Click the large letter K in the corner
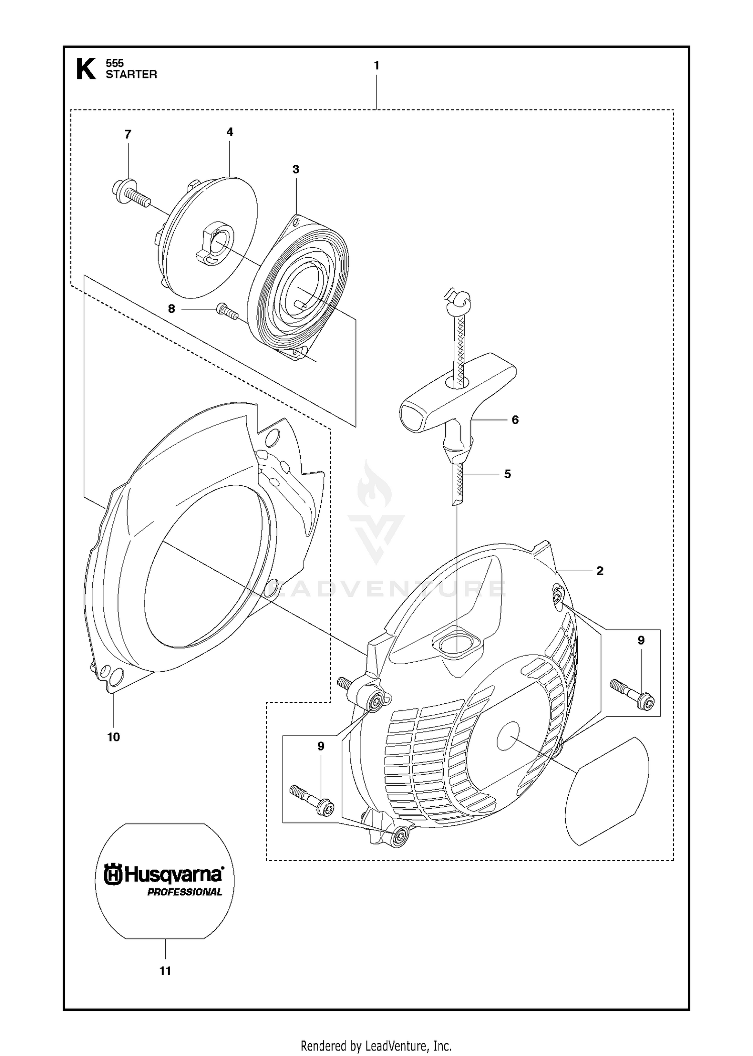85,69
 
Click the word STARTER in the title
131,74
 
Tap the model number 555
114,63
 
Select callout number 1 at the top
376,65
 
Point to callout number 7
128,134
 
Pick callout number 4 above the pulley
230,132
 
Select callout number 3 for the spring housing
296,169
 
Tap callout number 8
172,309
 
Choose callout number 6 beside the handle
515,419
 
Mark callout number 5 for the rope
508,474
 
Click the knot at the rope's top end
459,297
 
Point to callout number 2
600,571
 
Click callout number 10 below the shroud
113,737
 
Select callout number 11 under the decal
165,971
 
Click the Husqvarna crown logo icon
112,875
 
